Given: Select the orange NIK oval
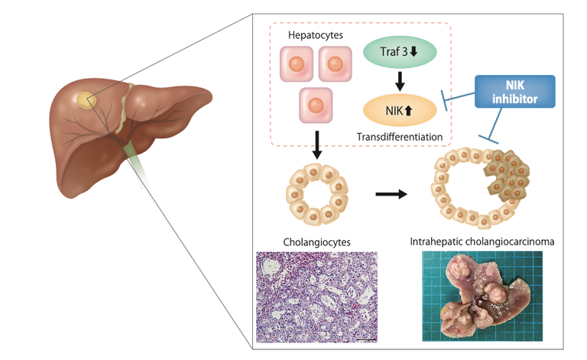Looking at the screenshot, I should [x=398, y=111].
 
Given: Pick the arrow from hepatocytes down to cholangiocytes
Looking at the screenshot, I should [x=316, y=145].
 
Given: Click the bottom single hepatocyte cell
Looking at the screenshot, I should [x=316, y=105].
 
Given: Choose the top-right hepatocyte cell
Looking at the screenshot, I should [x=336, y=64].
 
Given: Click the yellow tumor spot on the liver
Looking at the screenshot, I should [x=86, y=100].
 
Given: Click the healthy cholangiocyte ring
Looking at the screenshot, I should [x=316, y=194].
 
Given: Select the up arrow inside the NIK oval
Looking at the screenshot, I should [x=409, y=111].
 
